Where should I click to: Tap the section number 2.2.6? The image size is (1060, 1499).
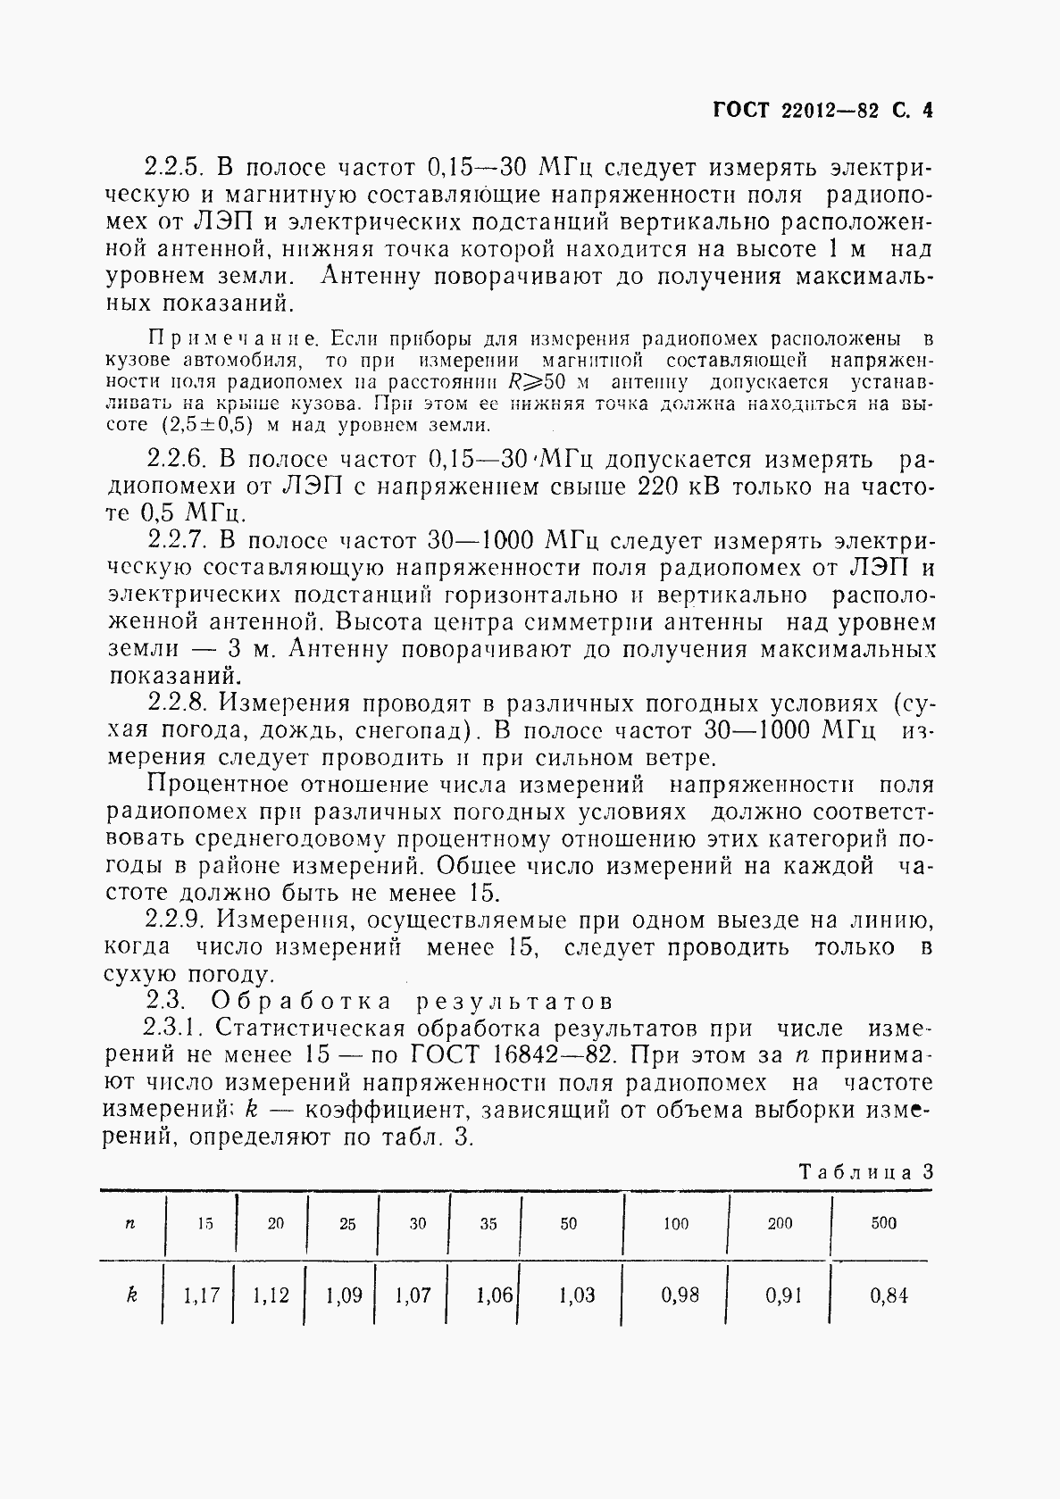(176, 460)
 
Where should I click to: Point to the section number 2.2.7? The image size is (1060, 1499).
(176, 540)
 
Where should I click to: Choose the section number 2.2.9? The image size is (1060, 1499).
(176, 920)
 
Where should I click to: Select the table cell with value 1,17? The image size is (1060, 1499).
(201, 1295)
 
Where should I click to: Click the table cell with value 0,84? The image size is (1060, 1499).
(888, 1295)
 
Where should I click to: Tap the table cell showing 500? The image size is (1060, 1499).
(883, 1223)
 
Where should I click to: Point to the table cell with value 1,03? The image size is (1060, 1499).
(576, 1295)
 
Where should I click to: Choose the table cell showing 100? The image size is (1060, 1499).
(675, 1223)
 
